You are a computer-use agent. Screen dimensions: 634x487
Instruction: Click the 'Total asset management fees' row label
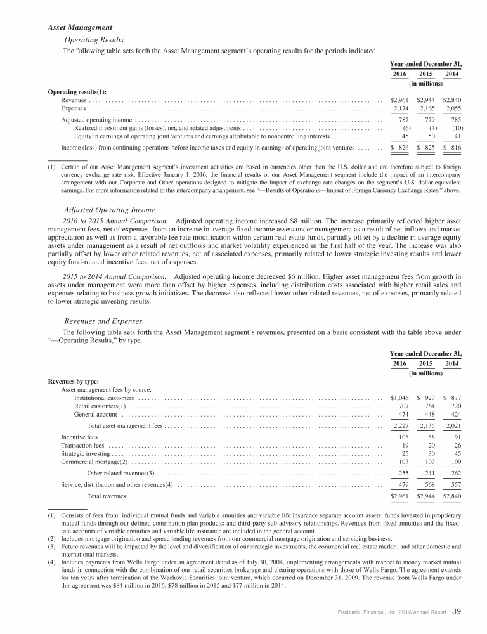pyautogui.click(x=125, y=426)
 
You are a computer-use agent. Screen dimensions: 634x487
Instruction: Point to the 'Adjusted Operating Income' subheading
pyautogui.click(x=110, y=210)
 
